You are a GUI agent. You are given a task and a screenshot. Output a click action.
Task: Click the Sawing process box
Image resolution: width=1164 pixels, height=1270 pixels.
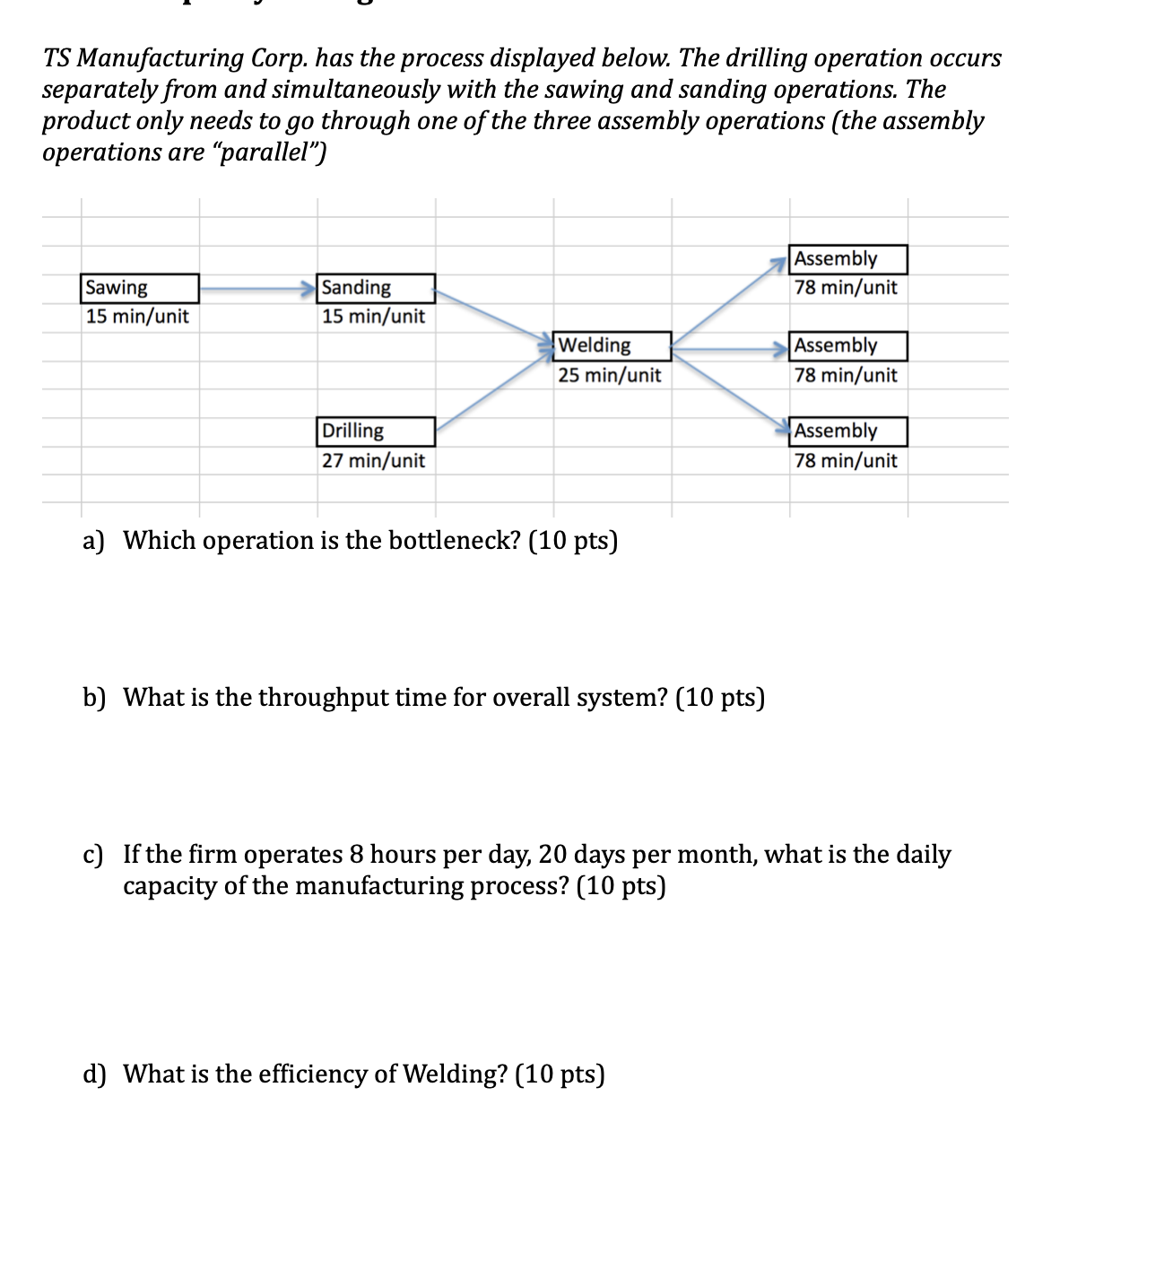(x=139, y=288)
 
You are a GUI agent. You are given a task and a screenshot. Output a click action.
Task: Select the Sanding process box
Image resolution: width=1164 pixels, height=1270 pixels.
(x=376, y=288)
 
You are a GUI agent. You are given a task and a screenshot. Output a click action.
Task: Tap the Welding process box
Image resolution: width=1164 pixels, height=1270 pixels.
(x=612, y=345)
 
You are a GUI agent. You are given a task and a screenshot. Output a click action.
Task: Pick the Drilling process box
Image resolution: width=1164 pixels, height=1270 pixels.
(x=376, y=431)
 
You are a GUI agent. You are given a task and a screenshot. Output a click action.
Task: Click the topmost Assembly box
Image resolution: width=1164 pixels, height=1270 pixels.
(x=848, y=259)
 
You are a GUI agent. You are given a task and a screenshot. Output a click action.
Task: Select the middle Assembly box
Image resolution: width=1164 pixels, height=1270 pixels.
(x=848, y=345)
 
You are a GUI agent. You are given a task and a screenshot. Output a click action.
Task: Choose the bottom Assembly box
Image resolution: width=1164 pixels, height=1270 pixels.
(x=848, y=431)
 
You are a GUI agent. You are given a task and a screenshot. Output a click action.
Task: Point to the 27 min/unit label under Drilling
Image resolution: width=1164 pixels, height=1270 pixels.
(x=373, y=461)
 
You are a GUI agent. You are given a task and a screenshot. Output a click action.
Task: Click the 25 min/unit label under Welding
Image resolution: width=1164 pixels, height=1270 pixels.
(x=609, y=375)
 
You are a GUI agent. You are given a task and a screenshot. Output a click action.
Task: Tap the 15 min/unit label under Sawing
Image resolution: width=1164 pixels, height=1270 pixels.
(x=137, y=317)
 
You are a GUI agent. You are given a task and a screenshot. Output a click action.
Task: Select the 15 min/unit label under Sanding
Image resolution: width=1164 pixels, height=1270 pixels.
(x=373, y=317)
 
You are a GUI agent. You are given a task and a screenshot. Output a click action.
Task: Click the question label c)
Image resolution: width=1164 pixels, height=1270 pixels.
(x=93, y=855)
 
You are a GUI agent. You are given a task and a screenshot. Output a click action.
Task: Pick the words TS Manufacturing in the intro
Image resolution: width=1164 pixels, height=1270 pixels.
(x=143, y=58)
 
